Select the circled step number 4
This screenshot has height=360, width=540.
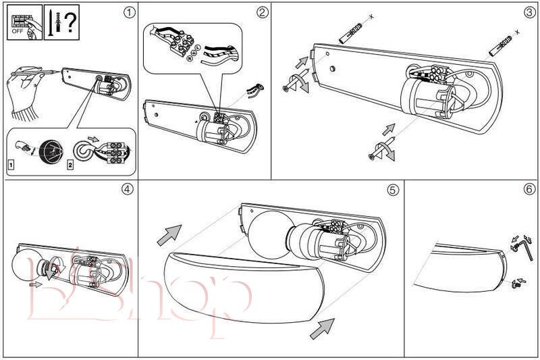click(x=127, y=189)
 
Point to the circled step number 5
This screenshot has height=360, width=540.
click(x=393, y=190)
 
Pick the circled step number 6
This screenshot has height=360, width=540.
click(x=529, y=189)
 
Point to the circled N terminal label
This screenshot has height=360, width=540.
click(x=188, y=59)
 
